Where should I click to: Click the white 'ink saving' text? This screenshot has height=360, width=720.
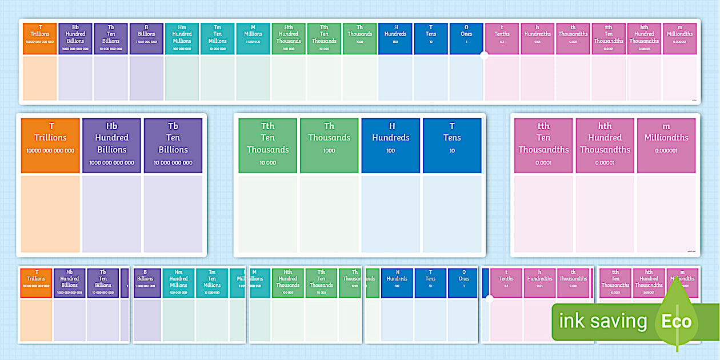pyautogui.click(x=602, y=322)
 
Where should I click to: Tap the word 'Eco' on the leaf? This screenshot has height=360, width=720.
pyautogui.click(x=677, y=322)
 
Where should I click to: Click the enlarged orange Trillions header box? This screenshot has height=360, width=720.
pyautogui.click(x=50, y=145)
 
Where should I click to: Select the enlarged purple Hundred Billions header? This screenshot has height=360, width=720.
pyautogui.click(x=111, y=145)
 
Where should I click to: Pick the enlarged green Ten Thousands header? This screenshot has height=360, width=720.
pyautogui.click(x=268, y=145)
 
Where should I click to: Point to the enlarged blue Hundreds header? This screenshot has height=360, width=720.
pyautogui.click(x=391, y=145)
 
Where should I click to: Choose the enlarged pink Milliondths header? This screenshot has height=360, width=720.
pyautogui.click(x=666, y=145)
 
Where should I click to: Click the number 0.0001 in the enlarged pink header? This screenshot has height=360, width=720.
pyautogui.click(x=543, y=163)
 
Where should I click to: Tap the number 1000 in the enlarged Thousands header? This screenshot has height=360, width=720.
pyautogui.click(x=329, y=151)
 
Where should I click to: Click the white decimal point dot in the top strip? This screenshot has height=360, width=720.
pyautogui.click(x=484, y=55)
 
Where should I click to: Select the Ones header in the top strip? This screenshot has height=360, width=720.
pyautogui.click(x=466, y=39)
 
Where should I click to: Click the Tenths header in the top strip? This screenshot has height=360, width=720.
pyautogui.click(x=502, y=39)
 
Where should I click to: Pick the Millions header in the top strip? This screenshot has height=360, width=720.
pyautogui.click(x=253, y=39)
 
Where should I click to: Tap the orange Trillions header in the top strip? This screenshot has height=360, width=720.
pyautogui.click(x=40, y=39)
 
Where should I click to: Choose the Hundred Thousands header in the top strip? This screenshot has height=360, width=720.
pyautogui.click(x=289, y=39)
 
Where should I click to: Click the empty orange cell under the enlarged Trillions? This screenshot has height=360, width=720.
pyautogui.click(x=50, y=214)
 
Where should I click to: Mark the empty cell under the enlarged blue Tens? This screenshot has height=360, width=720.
pyautogui.click(x=452, y=214)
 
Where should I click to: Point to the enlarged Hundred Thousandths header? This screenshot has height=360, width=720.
pyautogui.click(x=605, y=145)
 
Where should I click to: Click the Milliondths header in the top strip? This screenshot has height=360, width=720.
pyautogui.click(x=679, y=39)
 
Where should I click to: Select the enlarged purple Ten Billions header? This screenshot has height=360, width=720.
pyautogui.click(x=173, y=145)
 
